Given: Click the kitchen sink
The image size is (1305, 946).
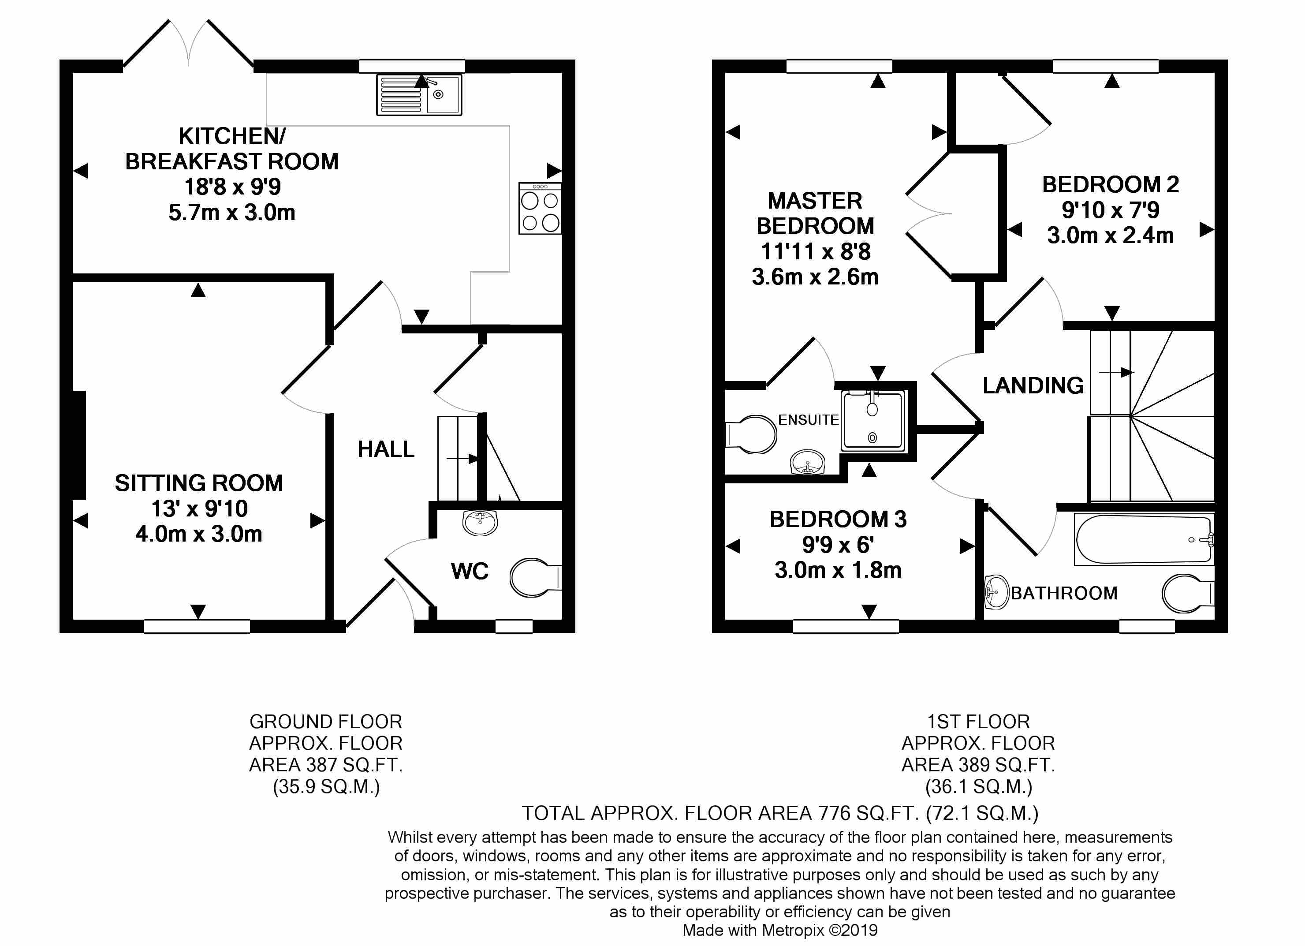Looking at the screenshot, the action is pyautogui.click(x=419, y=95).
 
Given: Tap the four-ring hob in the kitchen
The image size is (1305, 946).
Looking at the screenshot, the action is pyautogui.click(x=540, y=208).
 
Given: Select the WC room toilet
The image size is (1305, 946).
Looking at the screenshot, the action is pyautogui.click(x=536, y=577).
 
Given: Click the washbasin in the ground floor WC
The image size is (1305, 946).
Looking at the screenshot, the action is pyautogui.click(x=480, y=522).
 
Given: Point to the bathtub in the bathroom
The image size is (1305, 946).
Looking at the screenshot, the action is pyautogui.click(x=1144, y=539).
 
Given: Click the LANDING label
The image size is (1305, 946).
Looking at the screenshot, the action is pyautogui.click(x=1033, y=385).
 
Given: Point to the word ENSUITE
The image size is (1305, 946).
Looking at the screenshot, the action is pyautogui.click(x=809, y=420).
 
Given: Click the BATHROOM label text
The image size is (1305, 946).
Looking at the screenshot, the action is pyautogui.click(x=1064, y=593).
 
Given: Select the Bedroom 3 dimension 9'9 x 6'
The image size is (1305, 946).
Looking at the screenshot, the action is pyautogui.click(x=838, y=544).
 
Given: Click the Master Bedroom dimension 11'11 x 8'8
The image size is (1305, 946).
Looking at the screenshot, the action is pyautogui.click(x=815, y=251).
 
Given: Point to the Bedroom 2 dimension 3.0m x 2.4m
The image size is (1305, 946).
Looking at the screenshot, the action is pyautogui.click(x=1110, y=236).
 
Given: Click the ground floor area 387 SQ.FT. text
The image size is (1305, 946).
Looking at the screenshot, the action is pyautogui.click(x=326, y=765).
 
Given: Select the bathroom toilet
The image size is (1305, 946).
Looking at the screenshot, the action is pyautogui.click(x=1188, y=593).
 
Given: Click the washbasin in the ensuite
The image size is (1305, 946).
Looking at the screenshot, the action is pyautogui.click(x=808, y=462).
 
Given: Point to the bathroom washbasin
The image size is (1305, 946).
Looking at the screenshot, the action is pyautogui.click(x=997, y=592).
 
